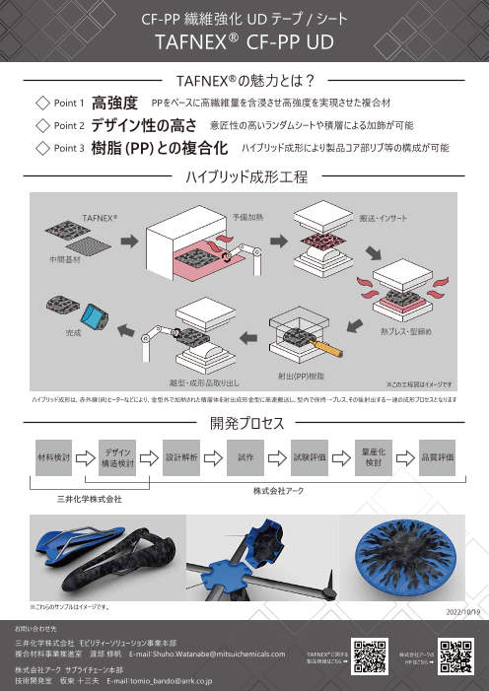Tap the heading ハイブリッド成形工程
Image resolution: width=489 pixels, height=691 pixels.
244,178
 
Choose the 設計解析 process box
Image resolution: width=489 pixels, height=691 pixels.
184,458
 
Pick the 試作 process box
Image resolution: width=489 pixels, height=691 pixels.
247,458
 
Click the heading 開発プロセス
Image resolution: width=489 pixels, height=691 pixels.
244,423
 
